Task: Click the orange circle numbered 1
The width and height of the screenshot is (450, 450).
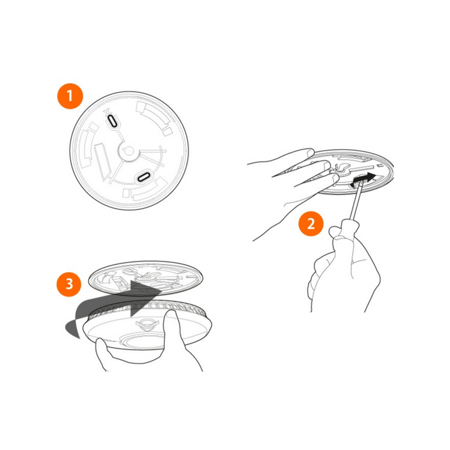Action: coord(70,96)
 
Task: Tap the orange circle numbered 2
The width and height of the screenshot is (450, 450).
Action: coord(311,224)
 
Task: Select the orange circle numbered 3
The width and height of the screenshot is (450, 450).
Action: coord(69,284)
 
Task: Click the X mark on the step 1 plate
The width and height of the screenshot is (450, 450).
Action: coord(107,111)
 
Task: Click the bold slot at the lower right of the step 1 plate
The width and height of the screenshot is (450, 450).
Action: coord(143,177)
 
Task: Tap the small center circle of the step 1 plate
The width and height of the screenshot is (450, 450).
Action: coord(129,150)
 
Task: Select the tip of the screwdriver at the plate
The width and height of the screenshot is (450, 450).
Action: coord(361,185)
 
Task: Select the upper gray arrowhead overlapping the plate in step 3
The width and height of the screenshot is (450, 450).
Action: coord(145,290)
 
